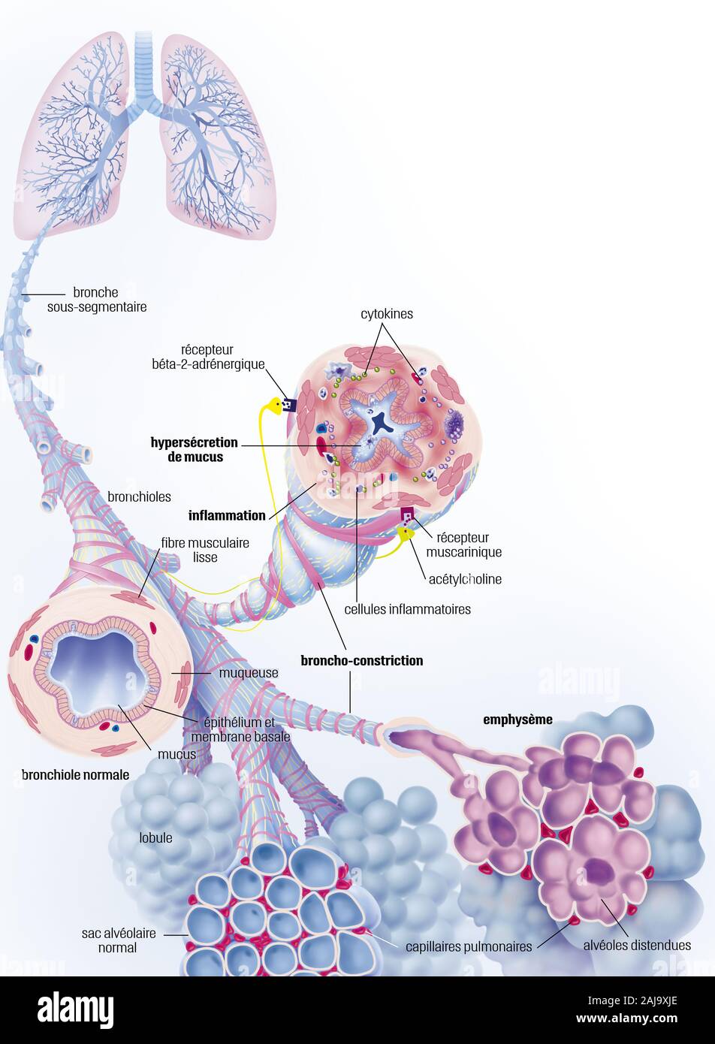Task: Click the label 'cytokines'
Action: coord(385,314)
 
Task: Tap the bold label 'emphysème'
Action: coord(517,720)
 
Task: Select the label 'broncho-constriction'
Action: coord(361,661)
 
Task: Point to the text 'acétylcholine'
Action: coord(465,579)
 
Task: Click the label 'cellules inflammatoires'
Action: coord(407,609)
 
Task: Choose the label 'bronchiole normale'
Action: coord(75,774)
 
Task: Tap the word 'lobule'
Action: coord(155,837)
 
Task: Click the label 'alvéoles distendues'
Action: coord(637,945)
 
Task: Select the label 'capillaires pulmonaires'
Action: coord(469,946)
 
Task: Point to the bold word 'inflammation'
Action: coord(227,515)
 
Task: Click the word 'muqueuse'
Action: coord(249,673)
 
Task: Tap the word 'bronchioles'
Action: coord(139,496)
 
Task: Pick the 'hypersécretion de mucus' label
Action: coord(194,449)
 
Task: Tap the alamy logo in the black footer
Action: coord(75,1009)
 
